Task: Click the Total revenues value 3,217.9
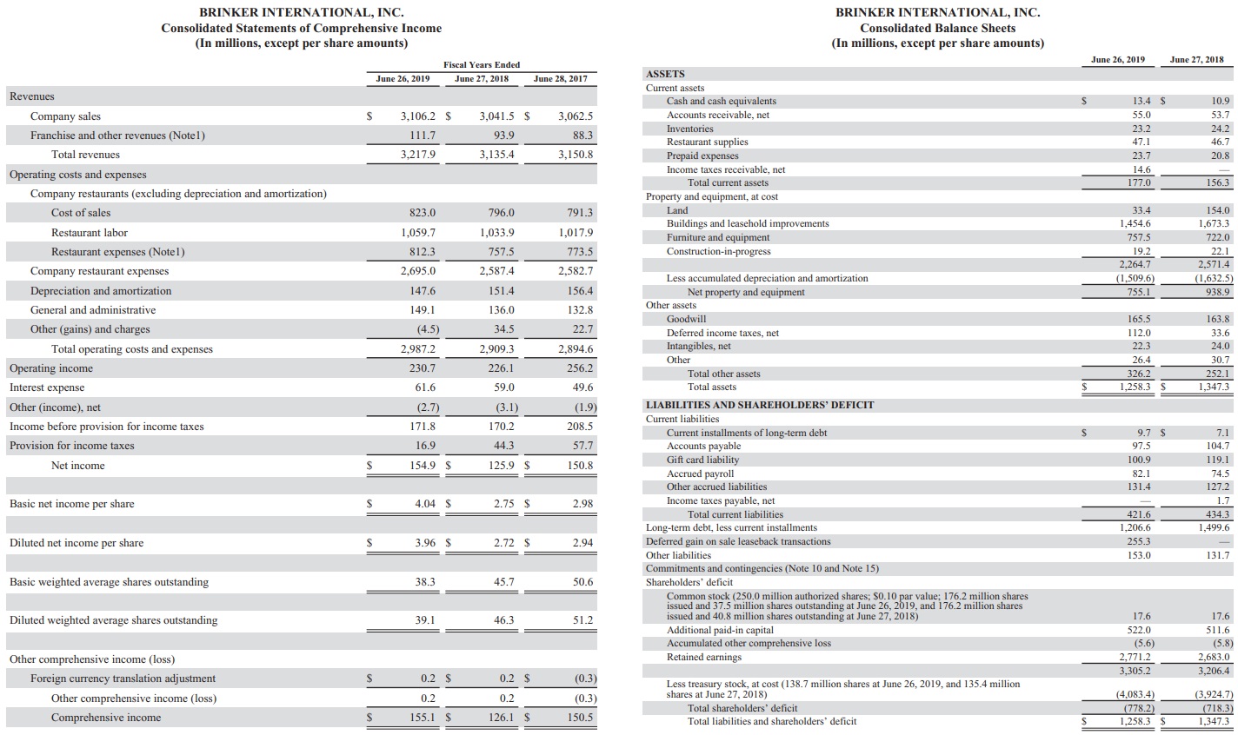[x=418, y=155]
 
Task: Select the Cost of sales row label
[x=81, y=213]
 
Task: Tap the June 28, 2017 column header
[x=560, y=79]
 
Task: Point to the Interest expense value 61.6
[x=425, y=387]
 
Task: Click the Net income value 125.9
[x=499, y=466]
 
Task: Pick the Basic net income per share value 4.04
[x=424, y=504]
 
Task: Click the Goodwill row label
[x=686, y=319]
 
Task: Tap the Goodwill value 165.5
[x=1139, y=319]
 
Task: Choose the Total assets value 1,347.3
[x=1215, y=387]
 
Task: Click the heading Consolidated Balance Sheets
[x=937, y=28]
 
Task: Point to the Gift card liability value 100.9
[x=1139, y=460]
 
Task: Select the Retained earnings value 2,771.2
[x=1135, y=657]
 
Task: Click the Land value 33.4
[x=1142, y=210]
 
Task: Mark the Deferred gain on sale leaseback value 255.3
[x=1139, y=541]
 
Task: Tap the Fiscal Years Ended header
[x=482, y=65]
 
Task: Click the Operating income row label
[x=51, y=368]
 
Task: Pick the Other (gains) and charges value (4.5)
[x=427, y=329]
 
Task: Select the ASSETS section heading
[x=665, y=74]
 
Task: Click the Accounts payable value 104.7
[x=1218, y=446]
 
